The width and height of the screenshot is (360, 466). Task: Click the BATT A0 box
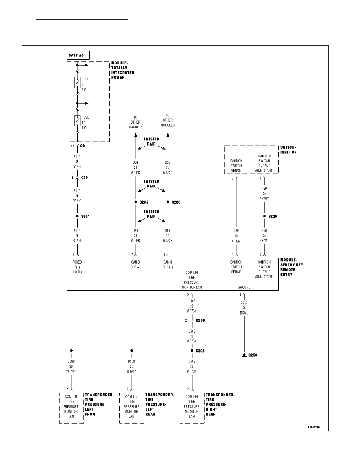(x=78, y=55)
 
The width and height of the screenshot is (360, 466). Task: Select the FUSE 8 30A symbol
(x=77, y=83)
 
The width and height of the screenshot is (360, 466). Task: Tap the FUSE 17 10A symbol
(x=77, y=121)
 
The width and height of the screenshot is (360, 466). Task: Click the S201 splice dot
(x=77, y=216)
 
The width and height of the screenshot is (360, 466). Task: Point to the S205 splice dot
(x=135, y=202)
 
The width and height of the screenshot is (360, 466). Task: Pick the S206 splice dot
(x=168, y=202)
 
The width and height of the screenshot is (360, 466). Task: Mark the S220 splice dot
(x=264, y=216)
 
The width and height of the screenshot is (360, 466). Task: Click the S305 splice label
(x=200, y=351)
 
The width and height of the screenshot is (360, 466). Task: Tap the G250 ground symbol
(x=244, y=355)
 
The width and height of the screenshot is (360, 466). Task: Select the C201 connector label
(x=85, y=177)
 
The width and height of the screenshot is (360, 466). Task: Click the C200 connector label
(x=200, y=320)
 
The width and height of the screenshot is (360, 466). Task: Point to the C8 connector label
(x=83, y=146)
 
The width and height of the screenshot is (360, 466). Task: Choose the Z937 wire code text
(x=244, y=303)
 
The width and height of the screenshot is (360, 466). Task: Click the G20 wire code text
(x=236, y=231)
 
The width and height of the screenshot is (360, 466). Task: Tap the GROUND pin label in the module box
(x=244, y=288)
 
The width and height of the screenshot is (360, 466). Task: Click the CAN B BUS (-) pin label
(x=135, y=264)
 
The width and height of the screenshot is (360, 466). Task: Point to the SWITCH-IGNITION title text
(x=288, y=150)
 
